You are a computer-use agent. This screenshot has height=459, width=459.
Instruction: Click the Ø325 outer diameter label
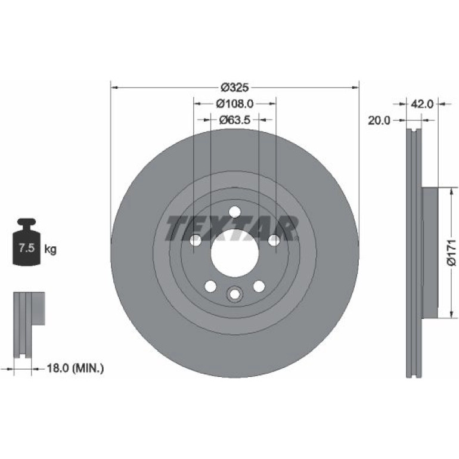point(234,87)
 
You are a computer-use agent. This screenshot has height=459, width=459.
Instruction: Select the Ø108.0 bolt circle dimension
point(235,103)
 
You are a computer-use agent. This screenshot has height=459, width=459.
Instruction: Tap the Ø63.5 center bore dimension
point(235,119)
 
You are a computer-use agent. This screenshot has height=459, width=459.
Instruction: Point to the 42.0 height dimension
point(422,104)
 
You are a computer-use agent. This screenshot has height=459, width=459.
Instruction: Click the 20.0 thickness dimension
point(379,120)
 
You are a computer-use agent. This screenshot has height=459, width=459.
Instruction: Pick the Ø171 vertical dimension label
point(452,253)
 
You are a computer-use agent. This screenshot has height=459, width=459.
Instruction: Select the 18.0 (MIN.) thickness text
point(75,368)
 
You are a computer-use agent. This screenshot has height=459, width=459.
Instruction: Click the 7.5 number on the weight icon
point(27,248)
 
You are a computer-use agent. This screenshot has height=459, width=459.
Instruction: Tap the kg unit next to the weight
point(50,249)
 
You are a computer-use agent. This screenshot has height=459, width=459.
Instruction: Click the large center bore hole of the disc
point(235,253)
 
